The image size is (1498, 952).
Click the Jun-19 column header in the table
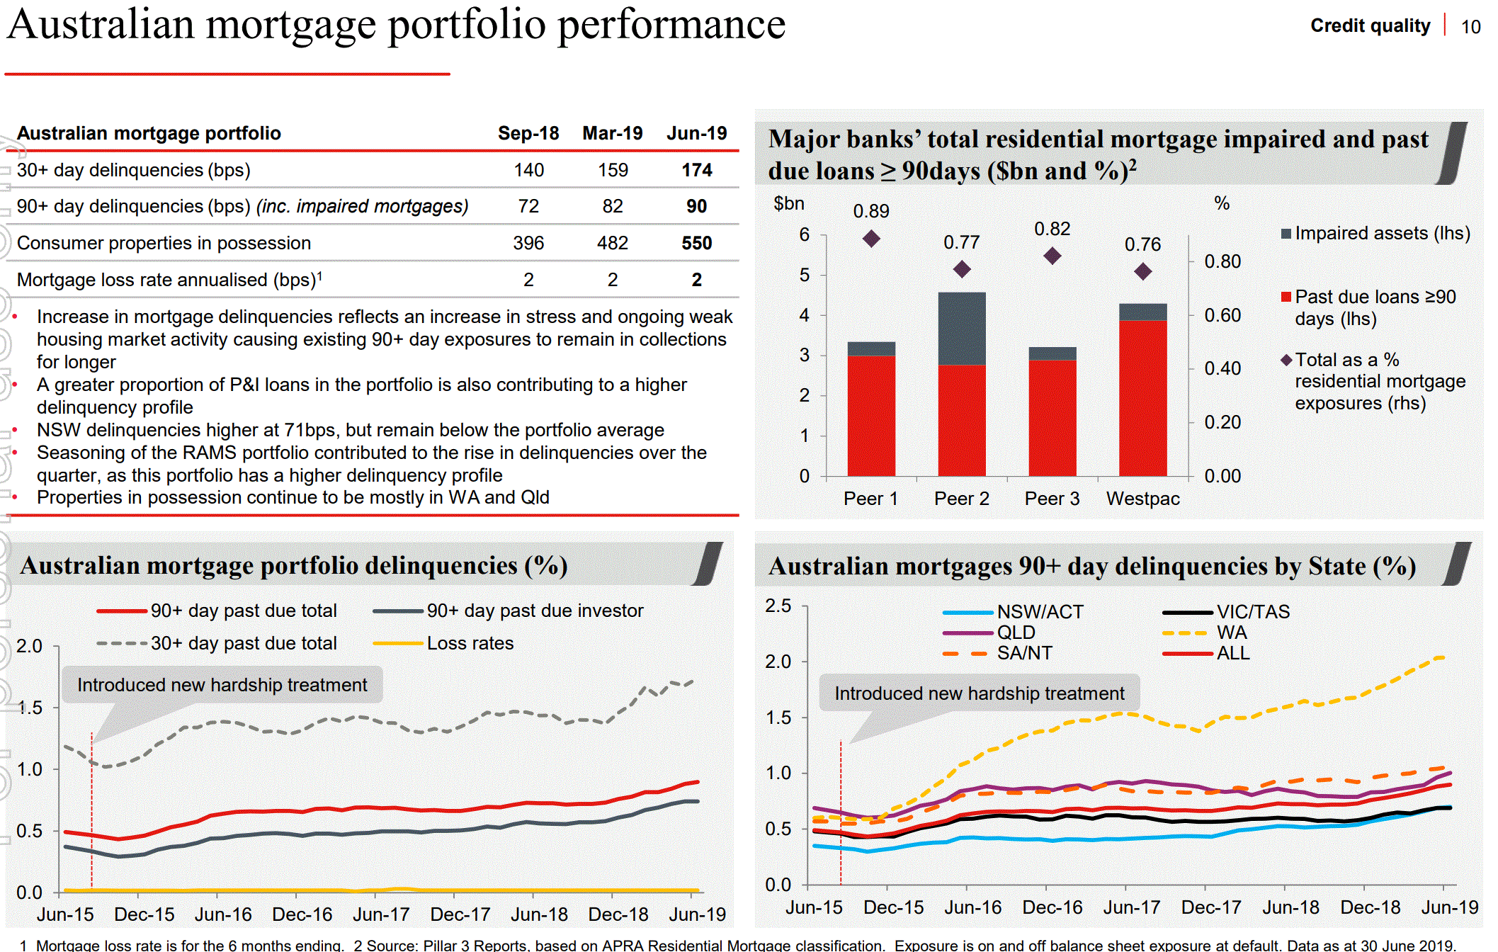[x=696, y=133]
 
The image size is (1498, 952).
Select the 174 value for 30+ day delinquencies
[x=696, y=170]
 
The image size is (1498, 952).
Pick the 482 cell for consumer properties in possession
[x=612, y=243]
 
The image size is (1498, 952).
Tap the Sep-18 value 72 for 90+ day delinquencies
[x=528, y=206]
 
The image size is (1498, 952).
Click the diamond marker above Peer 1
[x=871, y=239]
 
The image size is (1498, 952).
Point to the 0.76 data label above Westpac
[x=1142, y=244]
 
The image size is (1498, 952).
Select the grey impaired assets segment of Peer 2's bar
[x=961, y=328]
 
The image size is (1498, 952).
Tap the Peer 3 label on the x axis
[x=1052, y=499]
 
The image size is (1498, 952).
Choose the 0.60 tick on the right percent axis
[x=1222, y=315]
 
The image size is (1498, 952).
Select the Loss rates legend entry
[x=470, y=643]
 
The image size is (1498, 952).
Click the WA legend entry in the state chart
[x=1231, y=633]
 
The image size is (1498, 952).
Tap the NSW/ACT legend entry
[x=1039, y=612]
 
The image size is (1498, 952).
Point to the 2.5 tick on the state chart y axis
[x=778, y=606]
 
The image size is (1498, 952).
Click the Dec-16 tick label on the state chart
[x=1052, y=907]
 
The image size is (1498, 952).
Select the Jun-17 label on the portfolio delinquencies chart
[x=381, y=914]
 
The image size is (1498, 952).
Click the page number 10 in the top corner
[x=1470, y=27]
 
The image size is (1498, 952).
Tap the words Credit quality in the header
[x=1370, y=25]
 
